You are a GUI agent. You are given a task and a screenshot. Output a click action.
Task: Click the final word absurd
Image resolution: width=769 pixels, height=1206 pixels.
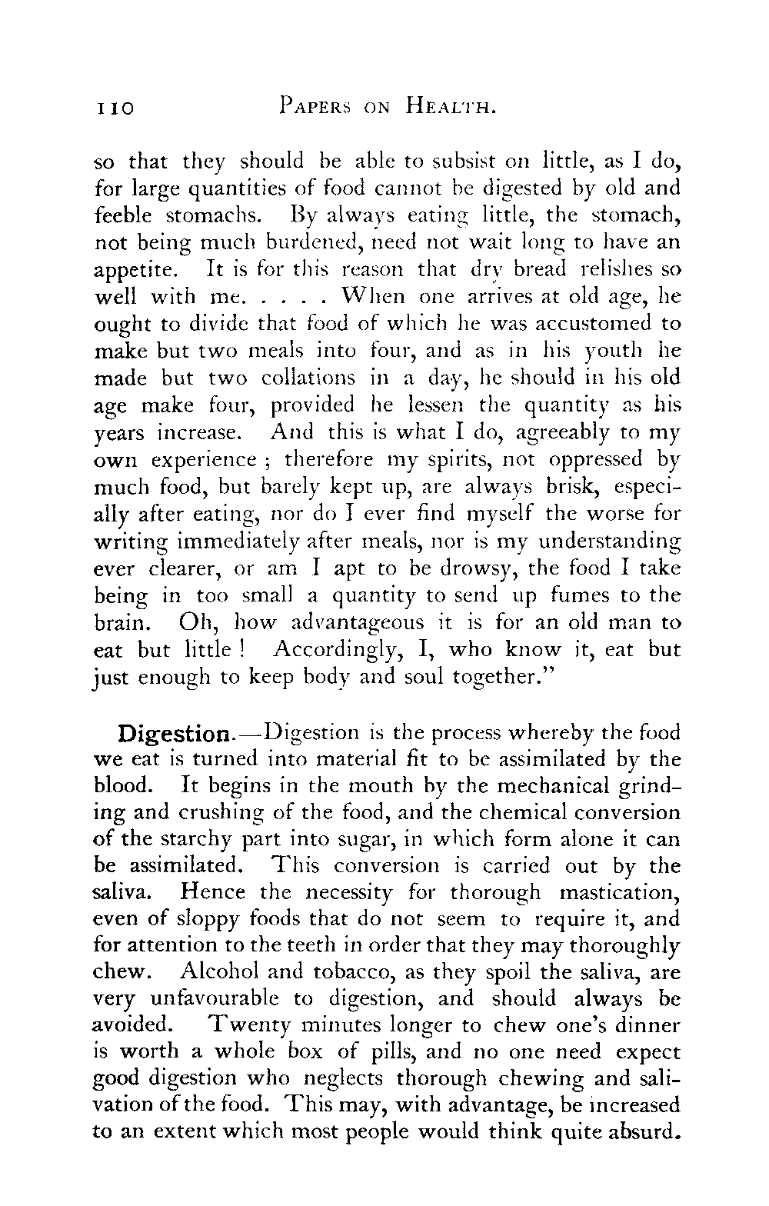click(x=643, y=1132)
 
